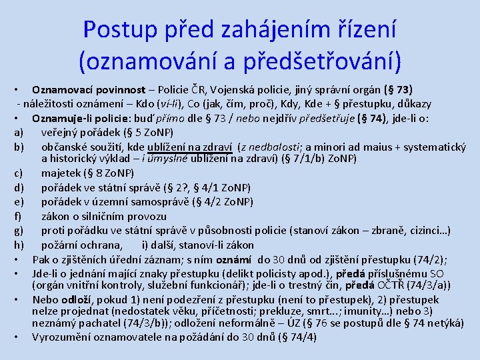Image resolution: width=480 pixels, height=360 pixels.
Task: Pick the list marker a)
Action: coord(19,132)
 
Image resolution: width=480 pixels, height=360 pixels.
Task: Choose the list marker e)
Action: coord(19,202)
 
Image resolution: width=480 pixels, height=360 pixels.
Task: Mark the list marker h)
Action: coord(19,245)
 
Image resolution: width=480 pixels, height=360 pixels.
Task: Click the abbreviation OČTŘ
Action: coord(395,285)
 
